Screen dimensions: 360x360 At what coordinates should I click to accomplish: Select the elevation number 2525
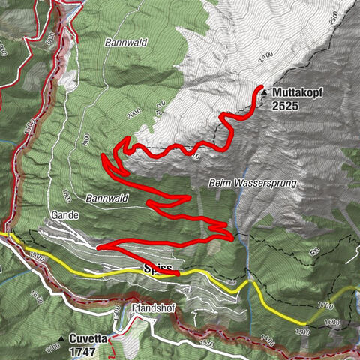(x=286, y=106)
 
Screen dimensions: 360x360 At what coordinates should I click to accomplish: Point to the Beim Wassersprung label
(x=253, y=183)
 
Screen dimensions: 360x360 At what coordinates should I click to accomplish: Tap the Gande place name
(x=65, y=214)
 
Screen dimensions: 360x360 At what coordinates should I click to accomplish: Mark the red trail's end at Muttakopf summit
(x=260, y=89)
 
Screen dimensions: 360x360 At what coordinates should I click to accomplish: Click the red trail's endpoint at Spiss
(x=178, y=274)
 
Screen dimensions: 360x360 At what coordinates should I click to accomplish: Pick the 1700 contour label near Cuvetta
(x=51, y=348)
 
